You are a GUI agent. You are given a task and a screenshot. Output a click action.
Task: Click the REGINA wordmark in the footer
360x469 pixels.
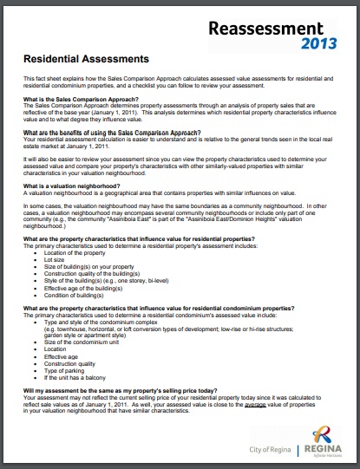323,449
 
